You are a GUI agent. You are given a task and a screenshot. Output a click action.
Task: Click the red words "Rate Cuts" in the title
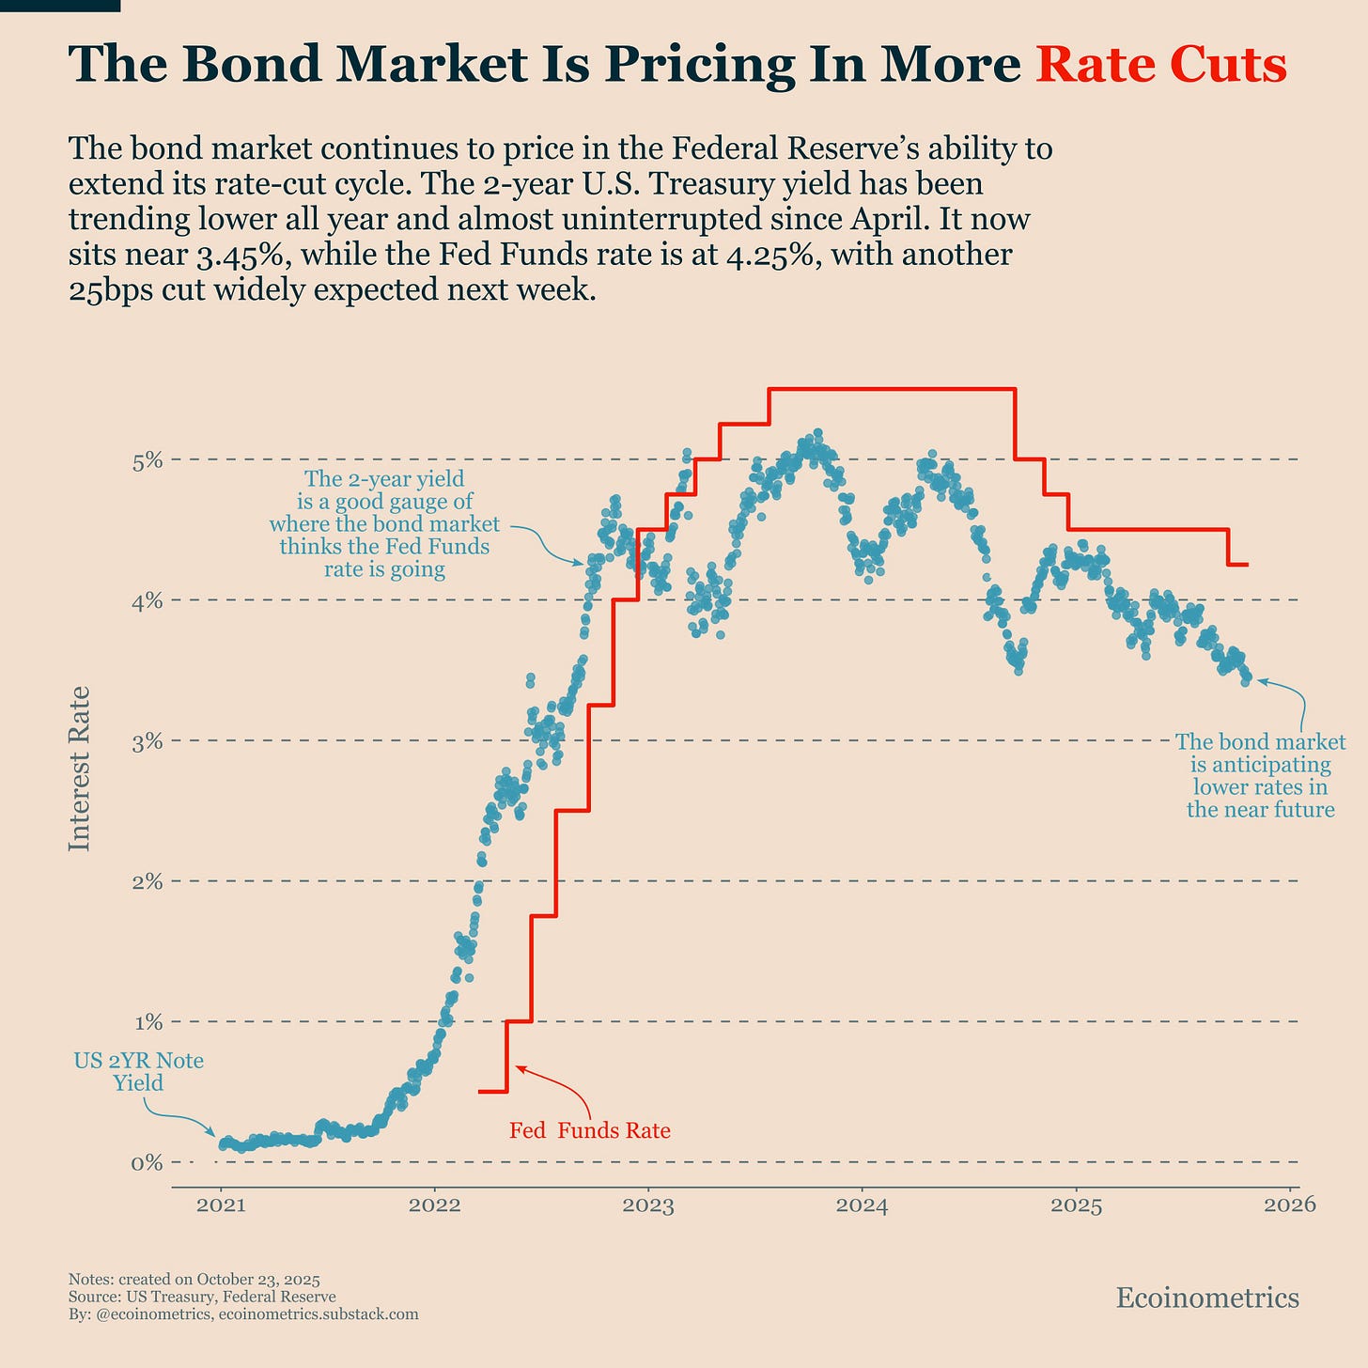click(x=1160, y=66)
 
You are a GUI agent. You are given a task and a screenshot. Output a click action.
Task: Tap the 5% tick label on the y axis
click(x=148, y=460)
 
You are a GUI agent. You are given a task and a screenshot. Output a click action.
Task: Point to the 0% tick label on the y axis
click(x=148, y=1162)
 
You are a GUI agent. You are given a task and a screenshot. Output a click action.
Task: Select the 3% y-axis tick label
click(x=148, y=741)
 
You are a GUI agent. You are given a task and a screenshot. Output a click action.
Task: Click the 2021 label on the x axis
click(x=221, y=1205)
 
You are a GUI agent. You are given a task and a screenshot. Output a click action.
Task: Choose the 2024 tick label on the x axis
click(x=863, y=1205)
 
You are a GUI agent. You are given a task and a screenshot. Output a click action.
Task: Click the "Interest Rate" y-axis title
click(x=81, y=769)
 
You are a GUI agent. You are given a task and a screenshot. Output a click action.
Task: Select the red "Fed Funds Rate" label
click(x=590, y=1130)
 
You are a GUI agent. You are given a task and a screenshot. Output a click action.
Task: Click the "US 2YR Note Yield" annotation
click(x=139, y=1072)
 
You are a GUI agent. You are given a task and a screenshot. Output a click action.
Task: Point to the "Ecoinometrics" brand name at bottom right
click(x=1207, y=1298)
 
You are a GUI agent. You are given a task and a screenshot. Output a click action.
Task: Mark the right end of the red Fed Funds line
click(x=1247, y=565)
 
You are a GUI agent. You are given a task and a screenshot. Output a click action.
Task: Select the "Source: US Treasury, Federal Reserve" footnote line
click(x=202, y=1297)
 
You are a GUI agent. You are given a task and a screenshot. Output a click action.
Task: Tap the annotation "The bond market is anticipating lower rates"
click(x=1260, y=775)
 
